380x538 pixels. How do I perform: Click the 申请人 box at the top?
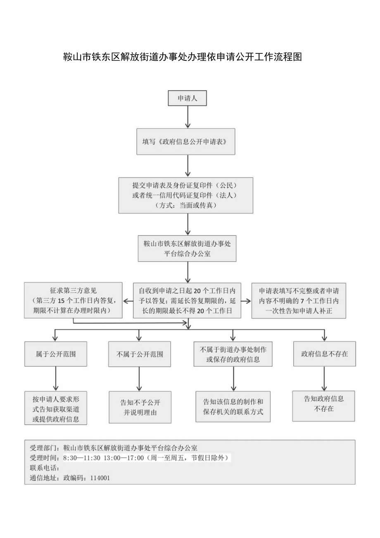tap(187, 98)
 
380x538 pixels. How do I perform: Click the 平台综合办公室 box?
tap(187, 249)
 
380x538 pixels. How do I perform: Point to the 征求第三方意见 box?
tap(73, 300)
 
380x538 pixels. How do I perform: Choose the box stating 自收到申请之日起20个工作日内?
tap(187, 300)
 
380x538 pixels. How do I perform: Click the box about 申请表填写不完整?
tap(299, 300)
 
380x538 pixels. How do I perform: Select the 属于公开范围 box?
tap(56, 354)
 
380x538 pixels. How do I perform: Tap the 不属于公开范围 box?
tap(140, 354)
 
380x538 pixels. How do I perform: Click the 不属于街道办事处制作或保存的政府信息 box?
tap(233, 354)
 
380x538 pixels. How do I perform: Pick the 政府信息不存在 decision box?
tap(324, 354)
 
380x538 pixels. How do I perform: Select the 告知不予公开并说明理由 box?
tap(140, 407)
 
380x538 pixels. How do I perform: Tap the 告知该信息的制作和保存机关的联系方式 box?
tap(233, 406)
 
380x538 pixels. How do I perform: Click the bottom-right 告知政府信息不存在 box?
tap(324, 406)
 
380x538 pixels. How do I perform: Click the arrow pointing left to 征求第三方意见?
tap(128, 301)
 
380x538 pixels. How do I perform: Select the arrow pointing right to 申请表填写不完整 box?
tap(246, 301)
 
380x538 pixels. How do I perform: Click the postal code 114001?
tap(100, 477)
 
